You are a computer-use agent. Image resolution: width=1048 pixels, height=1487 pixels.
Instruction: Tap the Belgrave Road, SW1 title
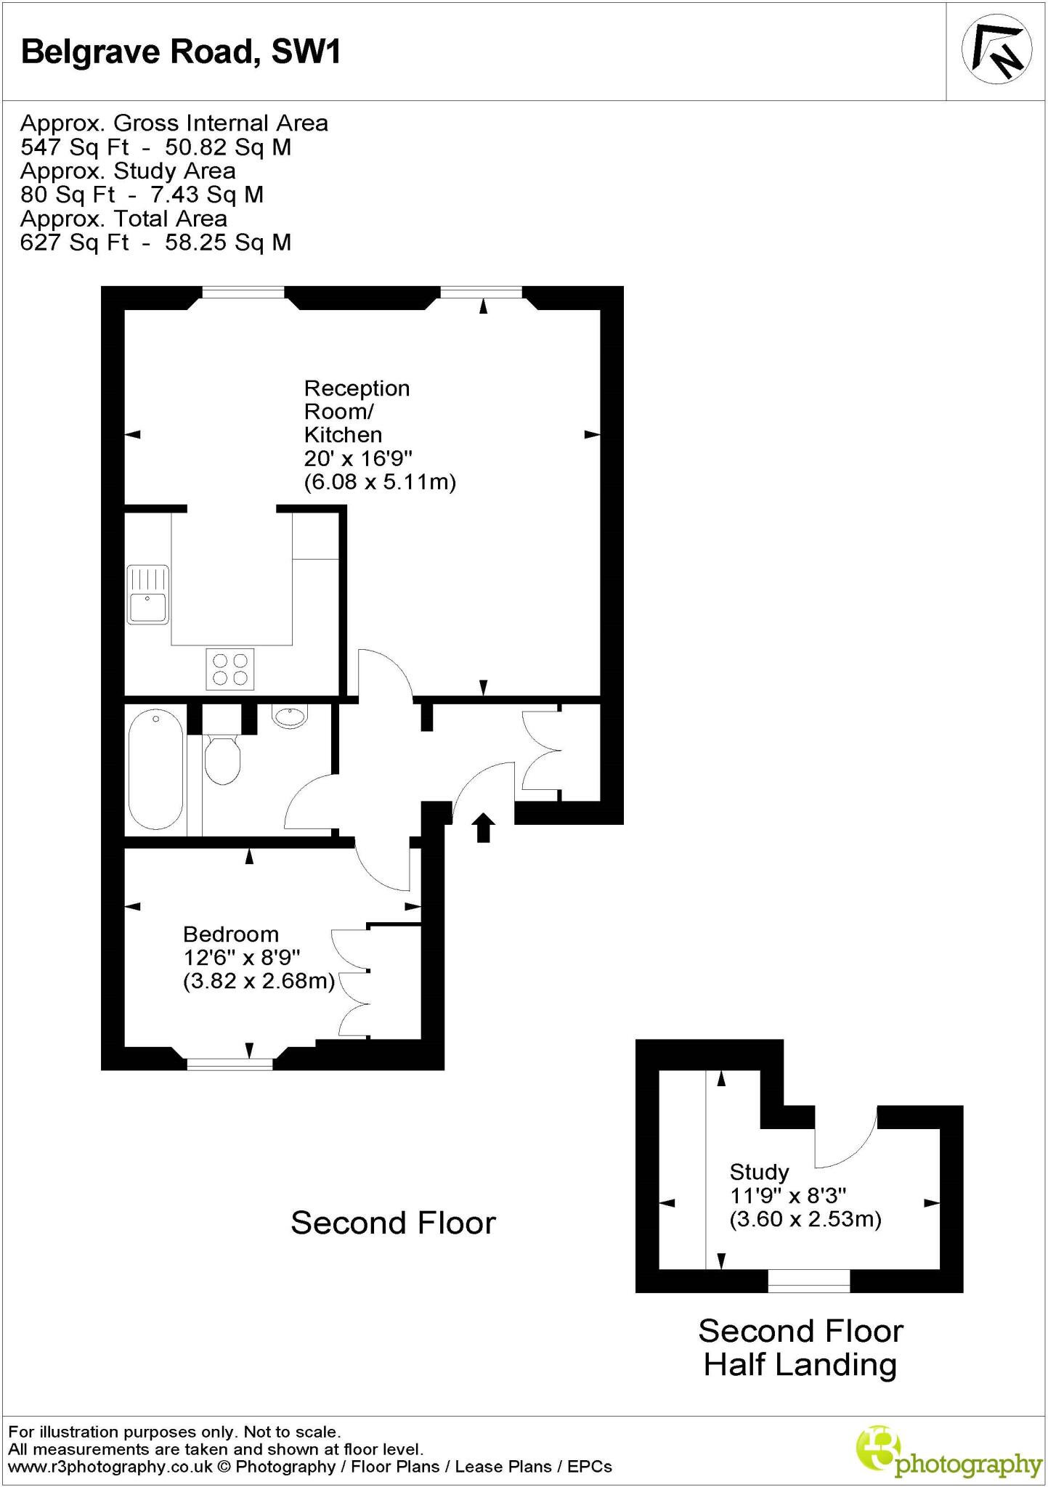(181, 52)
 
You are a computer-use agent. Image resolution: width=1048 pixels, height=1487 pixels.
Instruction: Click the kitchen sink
(147, 594)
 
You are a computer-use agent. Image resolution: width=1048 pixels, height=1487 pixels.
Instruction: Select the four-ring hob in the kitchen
(230, 669)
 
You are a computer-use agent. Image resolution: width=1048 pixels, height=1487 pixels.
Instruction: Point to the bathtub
(155, 771)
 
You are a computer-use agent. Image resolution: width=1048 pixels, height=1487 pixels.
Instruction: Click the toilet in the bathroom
(222, 759)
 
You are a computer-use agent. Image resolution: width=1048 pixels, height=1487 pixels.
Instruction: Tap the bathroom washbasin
(291, 717)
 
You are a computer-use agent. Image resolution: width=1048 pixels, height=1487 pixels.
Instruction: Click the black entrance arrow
(484, 827)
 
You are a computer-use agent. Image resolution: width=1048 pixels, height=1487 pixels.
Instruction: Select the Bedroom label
(230, 934)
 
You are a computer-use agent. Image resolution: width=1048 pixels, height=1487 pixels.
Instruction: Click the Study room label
(759, 1172)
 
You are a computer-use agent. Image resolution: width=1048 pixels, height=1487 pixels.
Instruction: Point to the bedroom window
(229, 1064)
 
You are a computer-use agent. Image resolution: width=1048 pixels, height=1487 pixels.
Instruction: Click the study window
(808, 1281)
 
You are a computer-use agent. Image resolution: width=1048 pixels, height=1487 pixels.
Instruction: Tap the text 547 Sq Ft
(74, 147)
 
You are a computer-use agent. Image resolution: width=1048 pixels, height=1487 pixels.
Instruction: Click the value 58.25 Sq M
(228, 243)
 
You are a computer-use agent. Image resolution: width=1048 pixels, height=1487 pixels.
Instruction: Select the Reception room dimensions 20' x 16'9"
(358, 458)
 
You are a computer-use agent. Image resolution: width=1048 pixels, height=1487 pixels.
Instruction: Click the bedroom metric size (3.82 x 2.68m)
(259, 982)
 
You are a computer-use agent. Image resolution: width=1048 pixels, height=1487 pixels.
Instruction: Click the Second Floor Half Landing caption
(800, 1348)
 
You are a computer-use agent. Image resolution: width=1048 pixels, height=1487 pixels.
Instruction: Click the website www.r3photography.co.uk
(110, 1467)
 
